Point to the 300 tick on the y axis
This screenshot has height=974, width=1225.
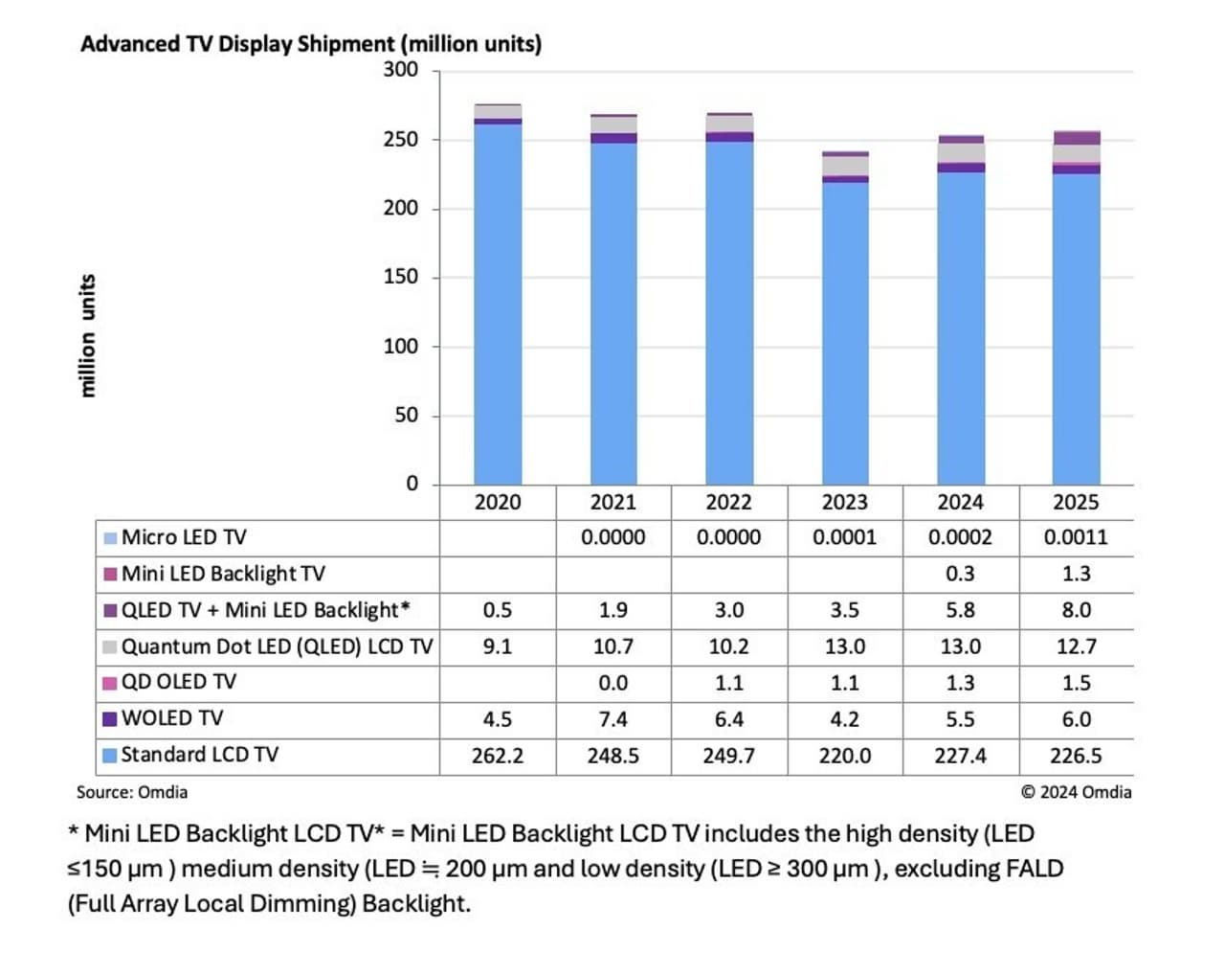tap(400, 69)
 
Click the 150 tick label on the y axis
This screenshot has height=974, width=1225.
tap(400, 277)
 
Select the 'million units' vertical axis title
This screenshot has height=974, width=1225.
tap(87, 336)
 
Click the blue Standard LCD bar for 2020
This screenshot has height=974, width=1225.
tap(498, 306)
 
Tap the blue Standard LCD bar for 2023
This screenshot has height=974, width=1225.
tap(845, 335)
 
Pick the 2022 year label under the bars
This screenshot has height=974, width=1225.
tap(728, 503)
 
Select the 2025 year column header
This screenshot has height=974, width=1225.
tap(1076, 503)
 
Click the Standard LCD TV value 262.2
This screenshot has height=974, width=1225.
tap(498, 756)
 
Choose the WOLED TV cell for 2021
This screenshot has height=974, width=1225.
tap(612, 719)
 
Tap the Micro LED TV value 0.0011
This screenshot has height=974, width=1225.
tap(1076, 537)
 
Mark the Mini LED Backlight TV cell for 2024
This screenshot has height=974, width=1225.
tap(960, 574)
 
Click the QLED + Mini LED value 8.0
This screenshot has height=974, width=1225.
tap(1076, 610)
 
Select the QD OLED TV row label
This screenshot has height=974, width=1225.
tap(178, 682)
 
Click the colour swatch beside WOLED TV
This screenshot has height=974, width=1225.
tap(110, 718)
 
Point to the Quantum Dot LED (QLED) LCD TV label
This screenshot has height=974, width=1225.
tap(276, 646)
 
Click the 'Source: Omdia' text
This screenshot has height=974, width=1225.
tap(132, 792)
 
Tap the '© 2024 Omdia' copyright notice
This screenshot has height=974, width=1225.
tap(1076, 792)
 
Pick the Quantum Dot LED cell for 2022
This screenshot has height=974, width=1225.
tap(728, 646)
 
